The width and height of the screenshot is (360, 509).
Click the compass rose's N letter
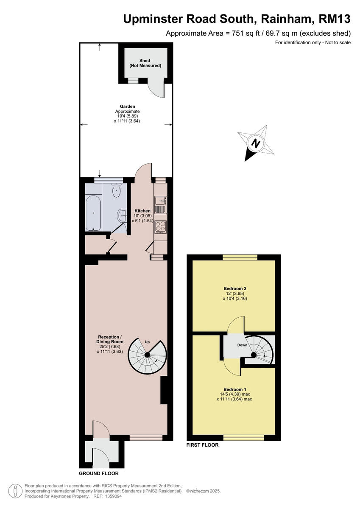point(255,143)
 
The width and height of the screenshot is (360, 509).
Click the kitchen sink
point(160,201)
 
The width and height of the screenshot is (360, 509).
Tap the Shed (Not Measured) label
point(145,63)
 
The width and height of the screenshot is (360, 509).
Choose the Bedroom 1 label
point(234,389)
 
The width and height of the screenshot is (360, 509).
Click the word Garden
point(127,106)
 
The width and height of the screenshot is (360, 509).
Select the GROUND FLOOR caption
point(99,473)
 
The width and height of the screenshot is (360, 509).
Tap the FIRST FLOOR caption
point(203,445)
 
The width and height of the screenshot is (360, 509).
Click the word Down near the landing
point(242,345)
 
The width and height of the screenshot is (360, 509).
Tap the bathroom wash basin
point(123,216)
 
